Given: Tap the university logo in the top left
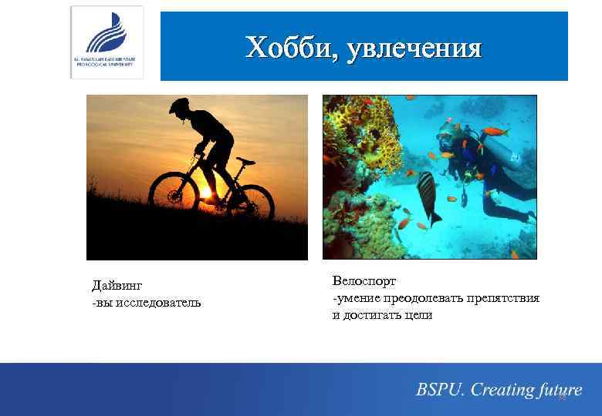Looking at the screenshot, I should (x=107, y=42).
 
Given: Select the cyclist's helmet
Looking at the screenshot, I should (x=179, y=105).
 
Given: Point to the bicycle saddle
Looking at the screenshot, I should (x=245, y=160).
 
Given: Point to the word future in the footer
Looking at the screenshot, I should (x=560, y=390).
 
